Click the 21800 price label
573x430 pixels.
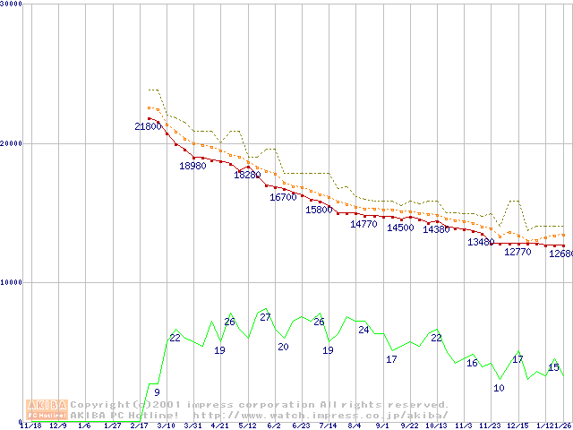pyautogui.click(x=148, y=127)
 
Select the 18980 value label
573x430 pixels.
pyautogui.click(x=192, y=166)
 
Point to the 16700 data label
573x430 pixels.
pyautogui.click(x=283, y=197)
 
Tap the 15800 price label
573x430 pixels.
pyautogui.click(x=319, y=210)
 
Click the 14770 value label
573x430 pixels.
pyautogui.click(x=363, y=224)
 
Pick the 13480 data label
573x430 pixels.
pyautogui.click(x=481, y=243)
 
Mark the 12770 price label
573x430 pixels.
pyautogui.click(x=517, y=253)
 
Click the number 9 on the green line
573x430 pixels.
pyautogui.click(x=157, y=392)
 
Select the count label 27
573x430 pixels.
pyautogui.click(x=265, y=318)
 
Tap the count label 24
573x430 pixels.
pyautogui.click(x=363, y=330)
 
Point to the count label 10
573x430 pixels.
pyautogui.click(x=499, y=388)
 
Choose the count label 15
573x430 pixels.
pyautogui.click(x=553, y=367)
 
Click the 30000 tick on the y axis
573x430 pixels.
pyautogui.click(x=12, y=4)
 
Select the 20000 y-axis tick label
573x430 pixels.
pyautogui.click(x=12, y=143)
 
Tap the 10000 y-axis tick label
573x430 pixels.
pyautogui.click(x=12, y=282)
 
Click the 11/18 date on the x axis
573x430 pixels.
pyautogui.click(x=30, y=426)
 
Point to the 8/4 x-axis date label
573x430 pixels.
pyautogui.click(x=355, y=426)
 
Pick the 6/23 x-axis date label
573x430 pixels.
pyautogui.click(x=301, y=426)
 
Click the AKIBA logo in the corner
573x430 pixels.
pyautogui.click(x=46, y=409)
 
